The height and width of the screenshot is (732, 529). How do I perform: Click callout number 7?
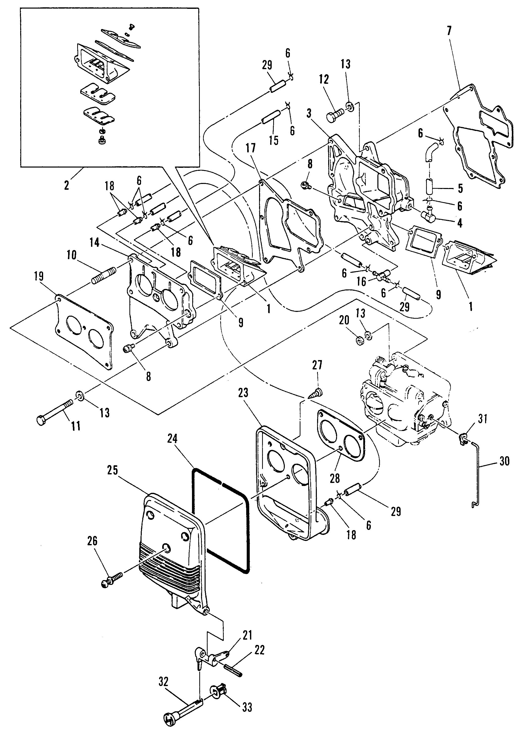(450, 31)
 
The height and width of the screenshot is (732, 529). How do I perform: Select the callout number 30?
(505, 461)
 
